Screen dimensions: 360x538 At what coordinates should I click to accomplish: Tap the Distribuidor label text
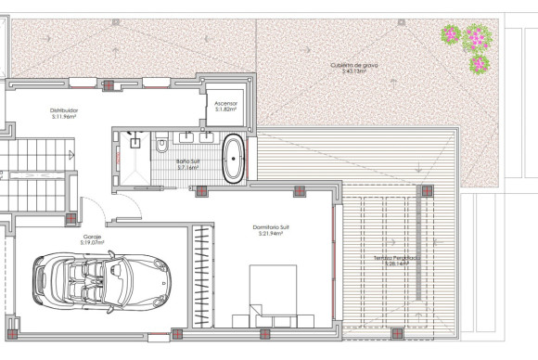[64, 110]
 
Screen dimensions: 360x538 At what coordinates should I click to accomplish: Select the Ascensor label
[226, 103]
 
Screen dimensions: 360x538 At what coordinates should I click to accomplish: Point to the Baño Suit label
[188, 161]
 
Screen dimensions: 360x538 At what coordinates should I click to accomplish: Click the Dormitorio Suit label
[270, 225]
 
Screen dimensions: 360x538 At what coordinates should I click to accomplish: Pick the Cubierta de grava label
[354, 65]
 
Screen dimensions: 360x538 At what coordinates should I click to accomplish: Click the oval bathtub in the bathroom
[233, 158]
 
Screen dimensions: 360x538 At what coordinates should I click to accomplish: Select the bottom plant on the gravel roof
[479, 64]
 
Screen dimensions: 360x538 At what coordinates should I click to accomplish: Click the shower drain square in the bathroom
[136, 144]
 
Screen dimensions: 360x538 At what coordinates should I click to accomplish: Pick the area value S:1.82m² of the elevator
[226, 109]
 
